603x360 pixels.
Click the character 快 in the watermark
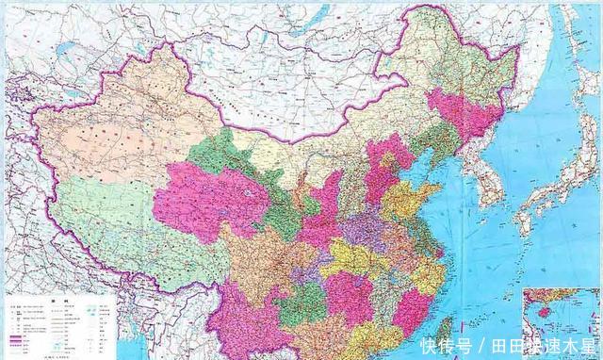(430, 345)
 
